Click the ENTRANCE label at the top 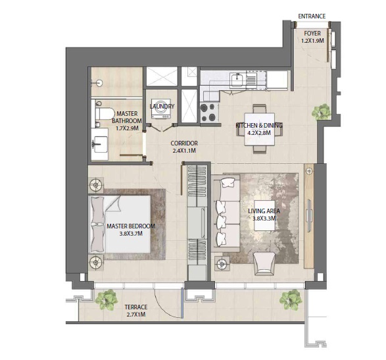pos(312,16)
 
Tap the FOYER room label pos(312,36)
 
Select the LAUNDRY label pos(162,106)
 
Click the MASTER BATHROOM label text pos(127,120)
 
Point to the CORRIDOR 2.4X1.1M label pos(184,147)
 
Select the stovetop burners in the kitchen pos(209,111)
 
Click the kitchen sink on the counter pos(236,81)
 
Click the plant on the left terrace pos(105,301)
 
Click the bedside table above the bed pos(96,184)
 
